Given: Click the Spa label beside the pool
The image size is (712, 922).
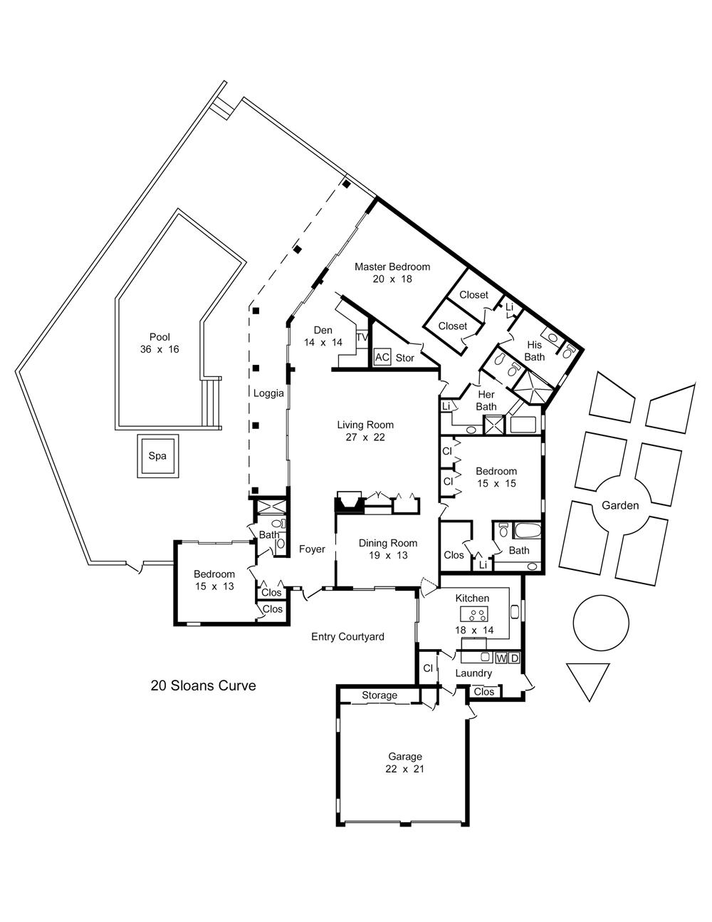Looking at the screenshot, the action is [x=157, y=456].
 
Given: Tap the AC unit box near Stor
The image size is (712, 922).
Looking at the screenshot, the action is [x=382, y=357].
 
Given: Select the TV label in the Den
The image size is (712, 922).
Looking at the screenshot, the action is [x=362, y=337].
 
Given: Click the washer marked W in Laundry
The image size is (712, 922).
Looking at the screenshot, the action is [x=501, y=658].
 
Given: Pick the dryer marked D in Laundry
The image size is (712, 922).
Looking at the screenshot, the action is [x=514, y=658].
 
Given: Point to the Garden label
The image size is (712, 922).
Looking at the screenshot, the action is [x=620, y=505].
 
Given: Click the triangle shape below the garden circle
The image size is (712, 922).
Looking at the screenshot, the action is [x=589, y=683].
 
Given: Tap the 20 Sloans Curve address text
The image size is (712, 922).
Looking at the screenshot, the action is [x=204, y=685].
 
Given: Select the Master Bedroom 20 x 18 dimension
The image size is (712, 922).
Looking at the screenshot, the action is [x=392, y=279].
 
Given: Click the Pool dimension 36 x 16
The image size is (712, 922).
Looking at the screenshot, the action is [x=159, y=349].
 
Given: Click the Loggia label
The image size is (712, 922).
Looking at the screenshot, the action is [x=268, y=393].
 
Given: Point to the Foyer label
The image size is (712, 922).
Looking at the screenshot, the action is [x=312, y=549].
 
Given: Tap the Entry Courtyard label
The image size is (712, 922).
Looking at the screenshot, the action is [x=347, y=636].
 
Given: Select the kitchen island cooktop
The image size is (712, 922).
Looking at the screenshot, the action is [x=474, y=613].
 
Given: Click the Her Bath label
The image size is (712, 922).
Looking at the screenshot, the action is [x=486, y=400].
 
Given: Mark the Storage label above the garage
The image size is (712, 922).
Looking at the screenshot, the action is [x=379, y=695].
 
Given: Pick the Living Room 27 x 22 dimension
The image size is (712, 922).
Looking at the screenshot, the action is [x=365, y=437].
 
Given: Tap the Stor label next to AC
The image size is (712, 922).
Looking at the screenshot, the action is [x=404, y=358].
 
